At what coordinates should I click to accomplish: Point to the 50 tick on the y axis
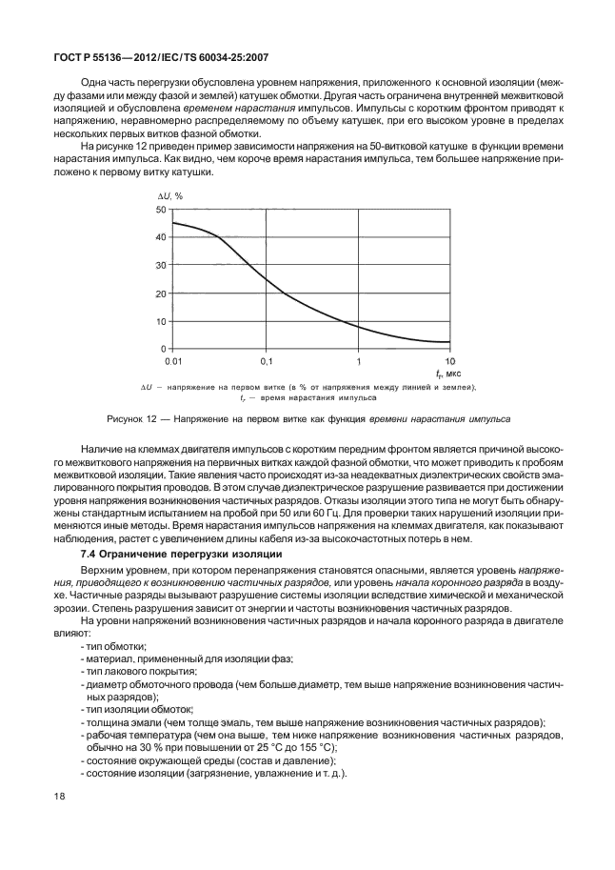click(x=162, y=209)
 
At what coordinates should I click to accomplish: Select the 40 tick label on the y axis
click(x=162, y=236)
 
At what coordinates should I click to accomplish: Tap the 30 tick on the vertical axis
click(x=162, y=265)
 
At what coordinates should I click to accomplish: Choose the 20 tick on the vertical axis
click(x=162, y=293)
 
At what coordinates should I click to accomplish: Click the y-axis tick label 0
click(x=165, y=349)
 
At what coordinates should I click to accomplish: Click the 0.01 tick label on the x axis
click(x=173, y=363)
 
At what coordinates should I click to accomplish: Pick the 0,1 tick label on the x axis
click(x=266, y=363)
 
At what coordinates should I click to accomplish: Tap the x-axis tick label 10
click(x=450, y=363)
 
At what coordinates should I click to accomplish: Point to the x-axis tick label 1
click(x=359, y=363)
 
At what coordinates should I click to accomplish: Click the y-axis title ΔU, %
click(x=169, y=194)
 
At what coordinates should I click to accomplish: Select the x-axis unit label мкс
click(x=454, y=375)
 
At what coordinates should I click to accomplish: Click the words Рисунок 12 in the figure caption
click(x=129, y=418)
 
